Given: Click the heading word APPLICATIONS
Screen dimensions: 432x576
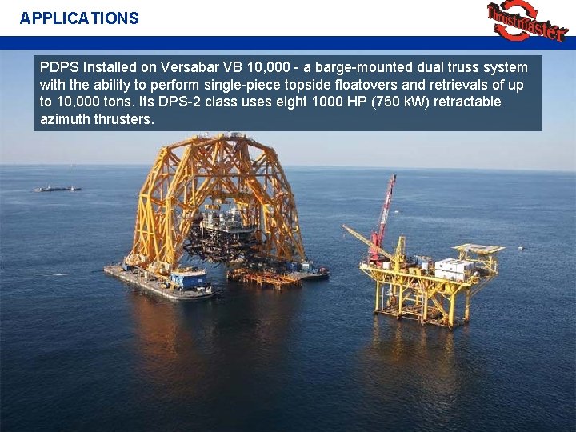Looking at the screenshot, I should click(x=79, y=18).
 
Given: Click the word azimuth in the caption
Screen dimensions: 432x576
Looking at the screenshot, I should click(x=62, y=119).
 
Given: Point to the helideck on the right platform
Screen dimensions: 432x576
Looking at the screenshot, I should click(x=478, y=249).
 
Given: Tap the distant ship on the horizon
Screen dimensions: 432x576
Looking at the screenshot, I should click(x=58, y=188).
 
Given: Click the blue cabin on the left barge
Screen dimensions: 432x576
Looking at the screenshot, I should click(x=188, y=279).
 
